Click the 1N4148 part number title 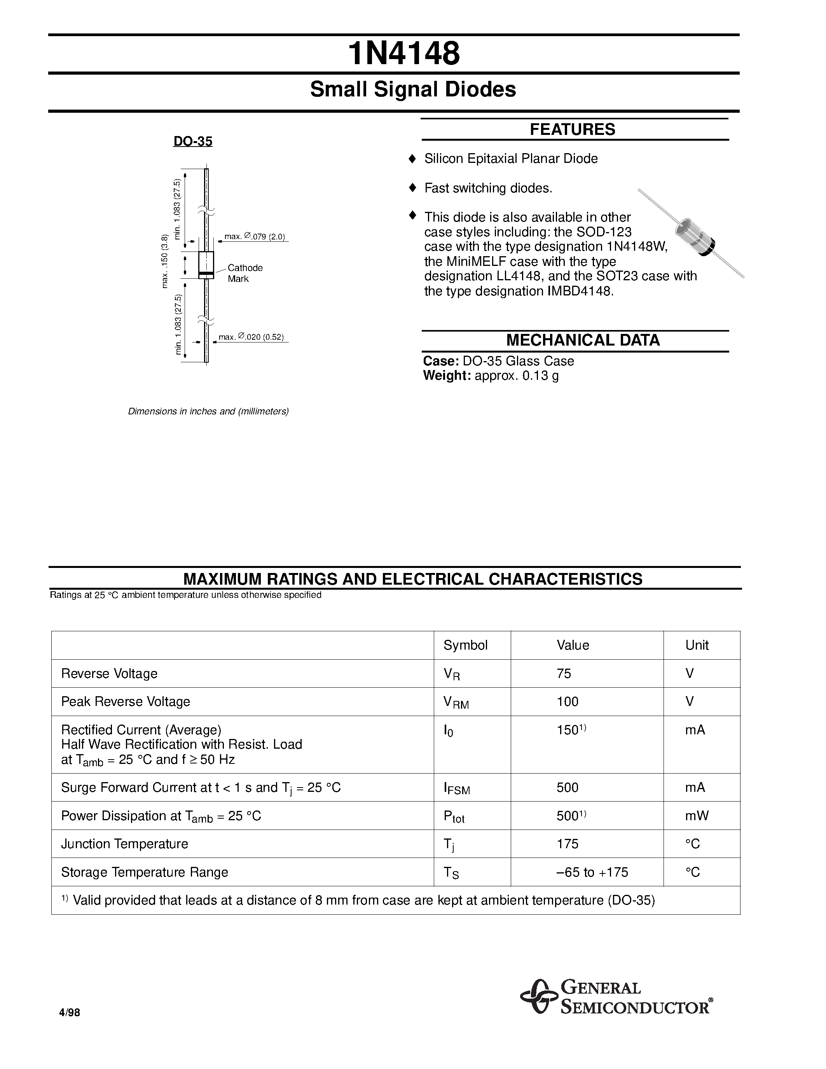(x=404, y=54)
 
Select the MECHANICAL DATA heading (x=582, y=340)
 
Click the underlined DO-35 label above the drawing (x=193, y=141)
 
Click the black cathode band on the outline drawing (x=206, y=272)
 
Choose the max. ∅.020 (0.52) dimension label (x=251, y=337)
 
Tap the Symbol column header (x=465, y=645)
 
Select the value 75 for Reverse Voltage (x=564, y=674)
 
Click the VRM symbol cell (x=456, y=702)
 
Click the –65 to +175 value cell (x=592, y=872)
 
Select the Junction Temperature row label (x=124, y=844)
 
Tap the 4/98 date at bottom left (x=69, y=1013)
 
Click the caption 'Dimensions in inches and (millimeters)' (x=208, y=411)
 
